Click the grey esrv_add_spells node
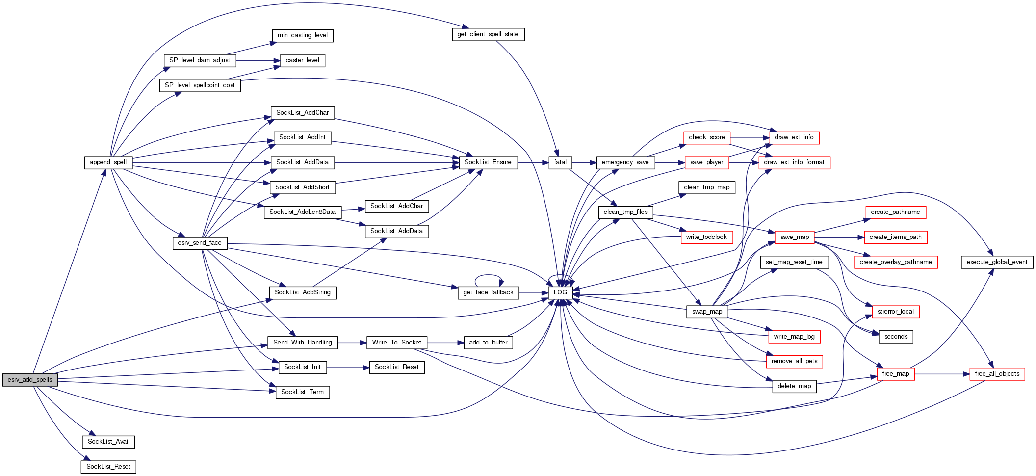point(30,380)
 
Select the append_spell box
point(108,162)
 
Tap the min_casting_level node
point(303,35)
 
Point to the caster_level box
point(302,60)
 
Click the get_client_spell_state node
point(488,34)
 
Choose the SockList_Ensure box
point(488,162)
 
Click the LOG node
point(560,292)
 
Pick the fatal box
point(560,162)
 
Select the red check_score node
point(706,137)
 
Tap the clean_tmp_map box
point(706,187)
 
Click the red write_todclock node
point(706,237)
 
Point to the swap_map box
point(707,312)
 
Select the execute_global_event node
point(997,262)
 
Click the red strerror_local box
point(895,312)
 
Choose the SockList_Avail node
point(108,442)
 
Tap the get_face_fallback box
point(488,292)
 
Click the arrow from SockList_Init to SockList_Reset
point(348,367)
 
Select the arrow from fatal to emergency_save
point(584,162)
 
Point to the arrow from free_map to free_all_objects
point(942,374)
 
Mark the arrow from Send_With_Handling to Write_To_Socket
point(352,343)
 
